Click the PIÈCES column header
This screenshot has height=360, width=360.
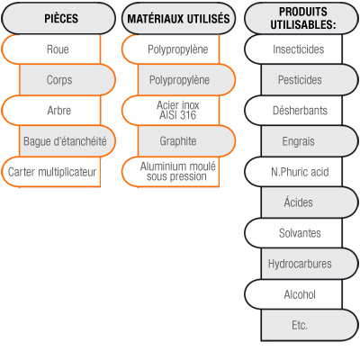tap(58, 18)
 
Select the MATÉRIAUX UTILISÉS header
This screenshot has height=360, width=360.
tap(178, 18)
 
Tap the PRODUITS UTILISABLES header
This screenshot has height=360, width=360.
tap(301, 18)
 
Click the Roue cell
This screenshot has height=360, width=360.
tap(51, 49)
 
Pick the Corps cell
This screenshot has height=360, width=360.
tap(67, 80)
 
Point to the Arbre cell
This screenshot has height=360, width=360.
tap(51, 111)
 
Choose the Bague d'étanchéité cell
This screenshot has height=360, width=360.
tap(67, 141)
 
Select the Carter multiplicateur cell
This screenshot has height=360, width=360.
tap(51, 172)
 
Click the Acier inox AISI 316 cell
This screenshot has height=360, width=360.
tap(171, 111)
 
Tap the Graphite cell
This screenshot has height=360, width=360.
tap(186, 141)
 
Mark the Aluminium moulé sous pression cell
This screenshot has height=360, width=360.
tap(171, 172)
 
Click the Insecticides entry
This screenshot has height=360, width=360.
tap(293, 49)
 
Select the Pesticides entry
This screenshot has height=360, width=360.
tap(310, 80)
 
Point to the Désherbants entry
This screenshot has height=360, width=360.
tap(293, 111)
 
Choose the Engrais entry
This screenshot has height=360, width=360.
tap(310, 141)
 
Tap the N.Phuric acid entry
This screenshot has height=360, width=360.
tap(293, 172)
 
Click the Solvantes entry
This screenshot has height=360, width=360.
tap(293, 233)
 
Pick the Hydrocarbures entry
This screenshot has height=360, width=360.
tap(310, 264)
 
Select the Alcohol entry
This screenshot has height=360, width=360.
tap(293, 294)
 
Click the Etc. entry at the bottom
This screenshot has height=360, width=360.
tap(310, 325)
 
